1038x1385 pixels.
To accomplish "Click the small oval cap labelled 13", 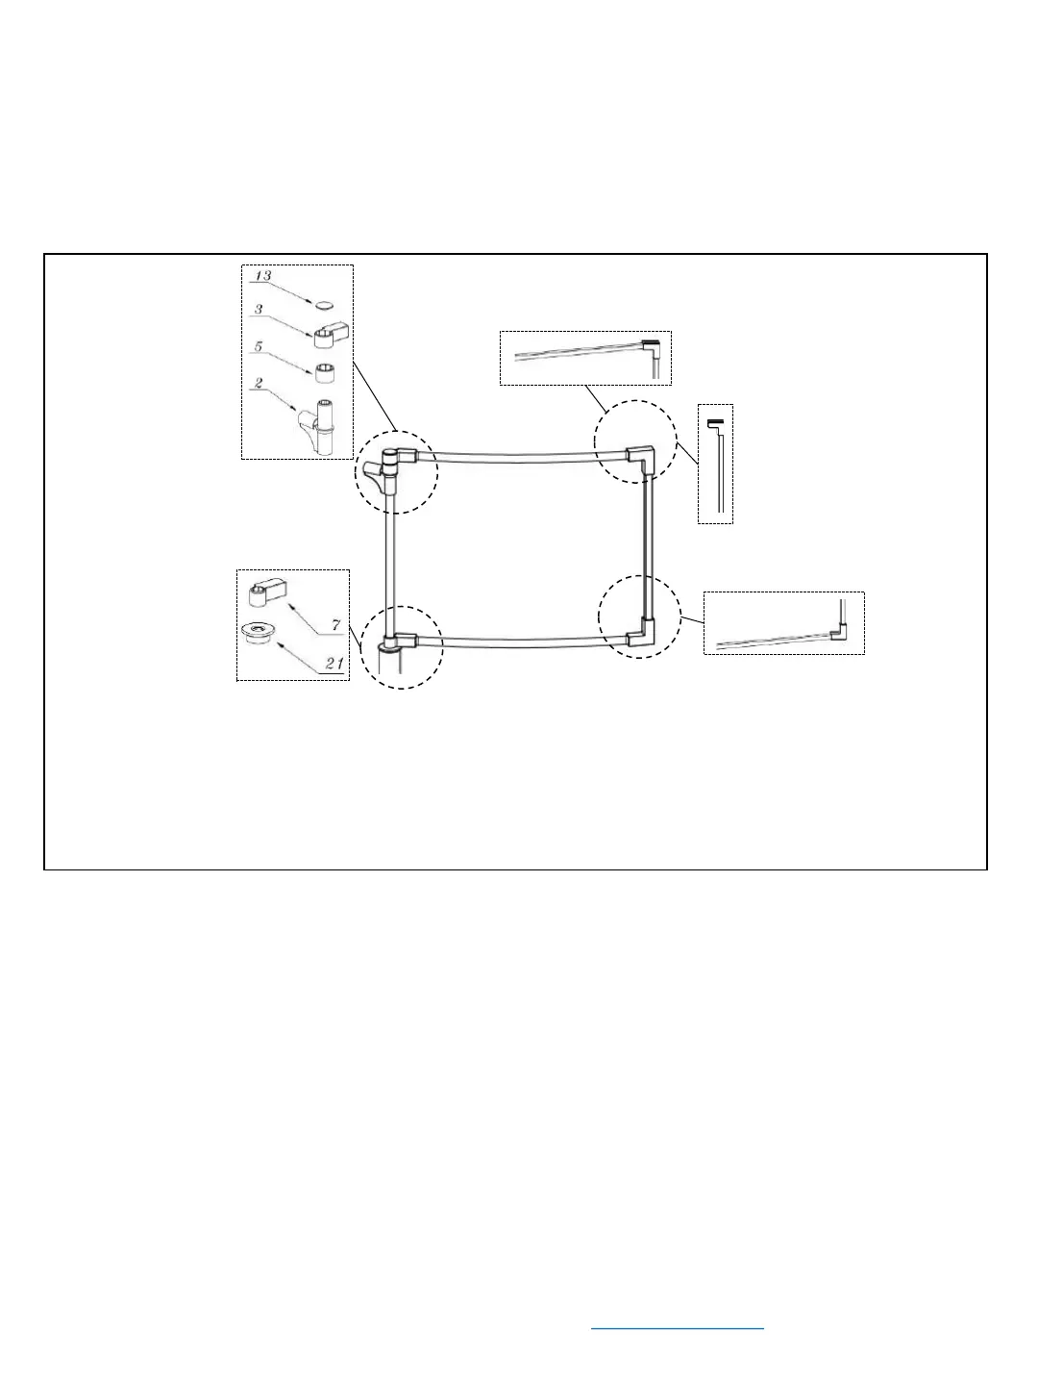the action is [326, 304].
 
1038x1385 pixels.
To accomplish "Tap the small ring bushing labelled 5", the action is [325, 370].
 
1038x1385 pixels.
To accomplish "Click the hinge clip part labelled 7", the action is [265, 593].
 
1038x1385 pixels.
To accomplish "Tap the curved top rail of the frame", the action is [519, 457].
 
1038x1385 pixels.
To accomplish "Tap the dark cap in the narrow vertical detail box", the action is [714, 423].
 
